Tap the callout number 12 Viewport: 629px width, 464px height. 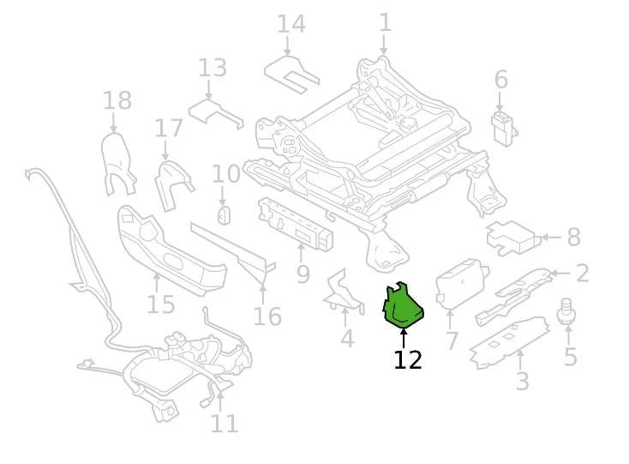(x=407, y=359)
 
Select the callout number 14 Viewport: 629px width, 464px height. (x=291, y=24)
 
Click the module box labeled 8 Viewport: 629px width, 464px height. (x=511, y=238)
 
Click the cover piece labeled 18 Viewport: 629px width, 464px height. (x=119, y=162)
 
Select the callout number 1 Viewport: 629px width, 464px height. (x=385, y=22)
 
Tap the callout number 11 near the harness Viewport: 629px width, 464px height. (x=224, y=423)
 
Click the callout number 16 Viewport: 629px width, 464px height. (x=267, y=316)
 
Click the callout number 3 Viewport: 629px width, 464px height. (x=522, y=381)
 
